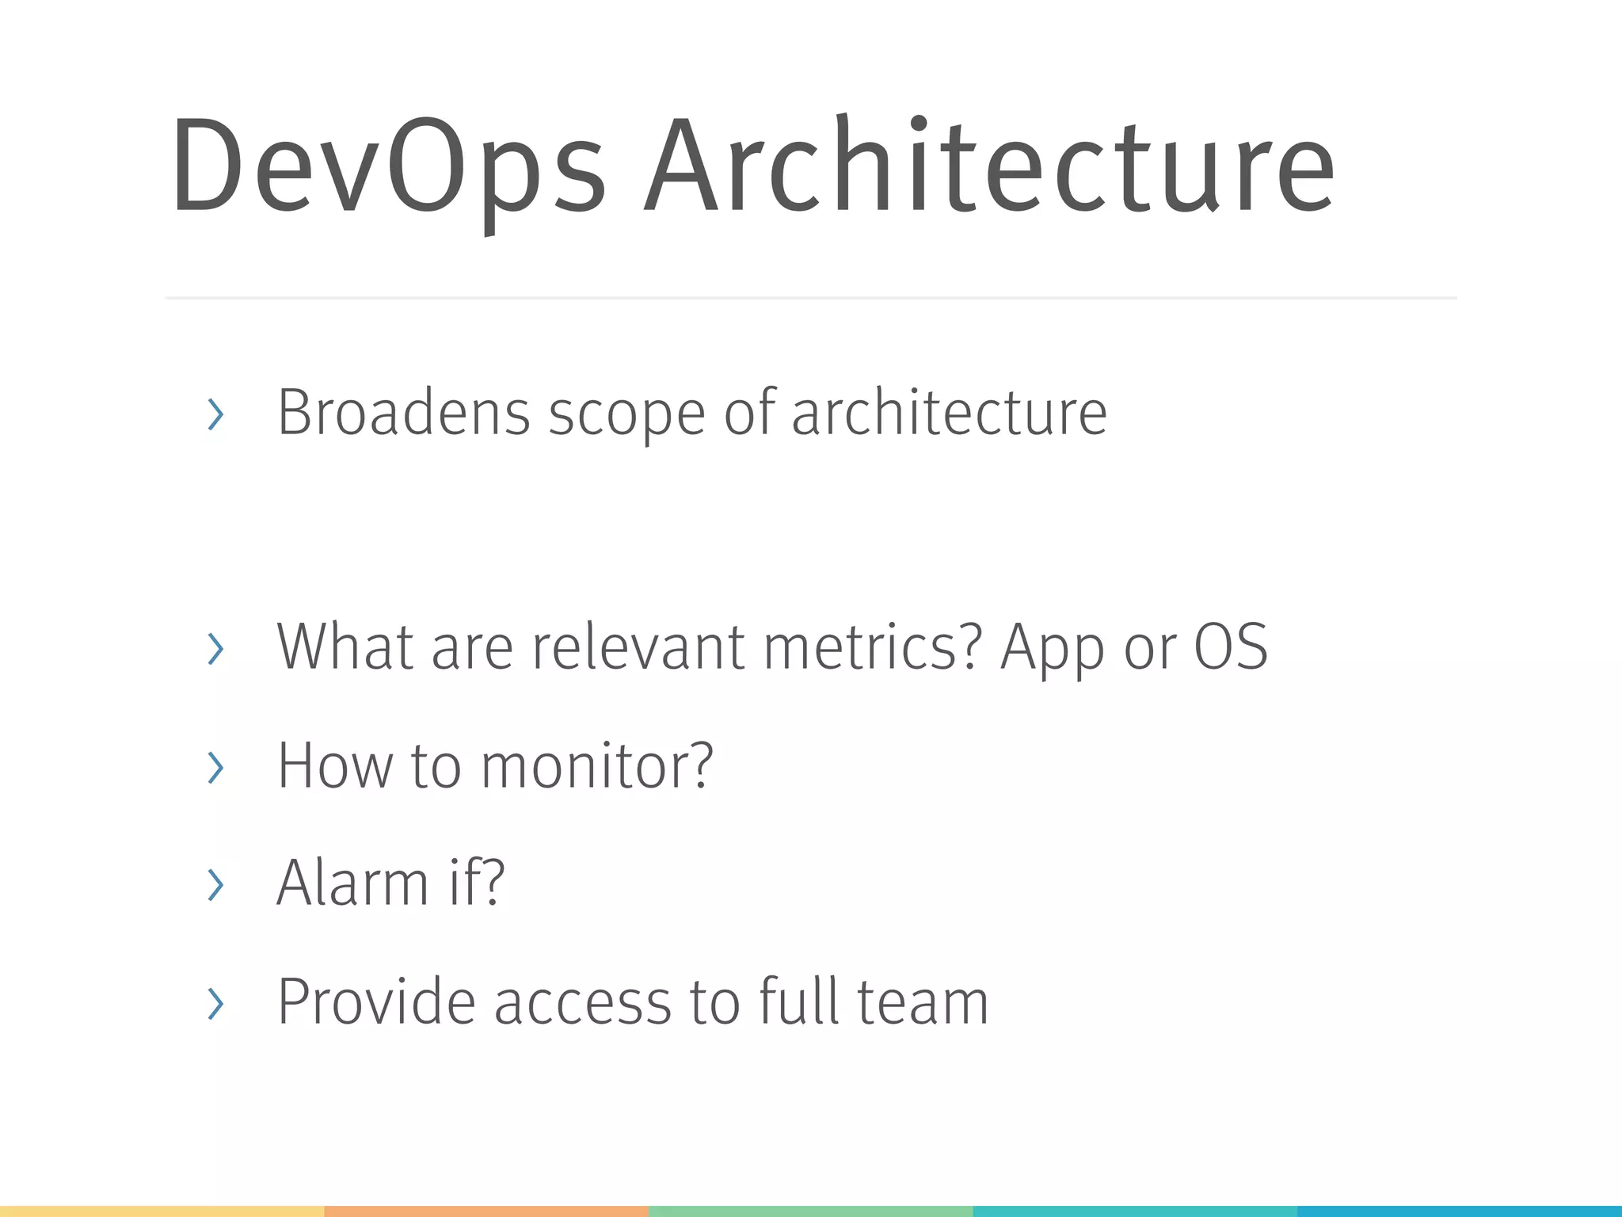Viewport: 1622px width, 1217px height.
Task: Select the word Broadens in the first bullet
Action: point(403,413)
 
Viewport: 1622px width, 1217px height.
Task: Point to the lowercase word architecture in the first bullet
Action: point(949,413)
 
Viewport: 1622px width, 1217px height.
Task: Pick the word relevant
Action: point(638,647)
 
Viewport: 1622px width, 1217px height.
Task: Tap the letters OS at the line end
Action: point(1231,647)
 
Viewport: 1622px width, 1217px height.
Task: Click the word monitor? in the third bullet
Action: point(597,766)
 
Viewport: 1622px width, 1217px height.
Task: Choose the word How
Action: point(335,766)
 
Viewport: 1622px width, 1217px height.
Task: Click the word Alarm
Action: point(352,883)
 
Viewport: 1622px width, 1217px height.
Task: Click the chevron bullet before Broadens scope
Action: point(215,414)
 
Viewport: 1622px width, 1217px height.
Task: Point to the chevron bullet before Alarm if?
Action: point(215,884)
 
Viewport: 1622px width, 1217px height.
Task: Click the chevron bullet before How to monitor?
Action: point(215,768)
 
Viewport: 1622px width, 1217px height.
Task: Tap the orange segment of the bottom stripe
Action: point(486,1211)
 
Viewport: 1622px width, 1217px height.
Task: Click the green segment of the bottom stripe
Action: point(810,1211)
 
